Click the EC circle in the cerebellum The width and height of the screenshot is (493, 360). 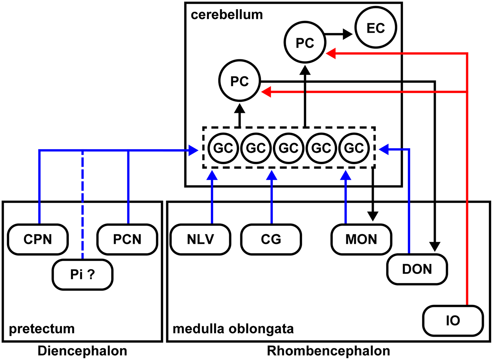click(375, 28)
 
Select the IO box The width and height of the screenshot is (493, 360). click(453, 320)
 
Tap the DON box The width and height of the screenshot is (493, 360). click(417, 269)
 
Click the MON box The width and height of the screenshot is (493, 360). click(361, 239)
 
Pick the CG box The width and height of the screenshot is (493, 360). click(271, 239)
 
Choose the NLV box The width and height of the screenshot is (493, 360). click(200, 239)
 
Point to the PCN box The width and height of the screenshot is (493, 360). click(127, 239)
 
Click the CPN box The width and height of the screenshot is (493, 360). click(38, 239)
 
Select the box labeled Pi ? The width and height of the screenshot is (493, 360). click(83, 275)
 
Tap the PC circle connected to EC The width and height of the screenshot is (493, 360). click(305, 42)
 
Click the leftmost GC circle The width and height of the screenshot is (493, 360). click(223, 148)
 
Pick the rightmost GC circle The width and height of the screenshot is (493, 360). click(354, 148)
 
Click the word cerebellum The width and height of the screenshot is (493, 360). click(226, 15)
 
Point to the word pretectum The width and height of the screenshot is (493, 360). click(42, 329)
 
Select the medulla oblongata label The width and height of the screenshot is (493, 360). click(233, 329)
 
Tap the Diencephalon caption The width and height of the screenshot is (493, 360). click(82, 351)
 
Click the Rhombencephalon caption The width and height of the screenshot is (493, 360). click(328, 351)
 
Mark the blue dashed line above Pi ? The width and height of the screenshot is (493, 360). click(83, 206)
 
